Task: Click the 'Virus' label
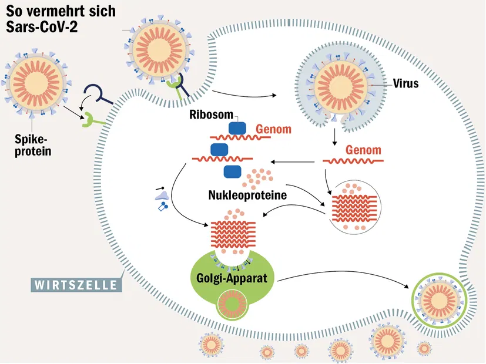405,84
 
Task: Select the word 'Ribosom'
211,114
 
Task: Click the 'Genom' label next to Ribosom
273,129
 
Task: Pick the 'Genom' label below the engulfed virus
363,150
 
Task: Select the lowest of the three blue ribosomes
233,171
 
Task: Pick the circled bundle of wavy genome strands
356,207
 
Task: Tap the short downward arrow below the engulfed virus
334,136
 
